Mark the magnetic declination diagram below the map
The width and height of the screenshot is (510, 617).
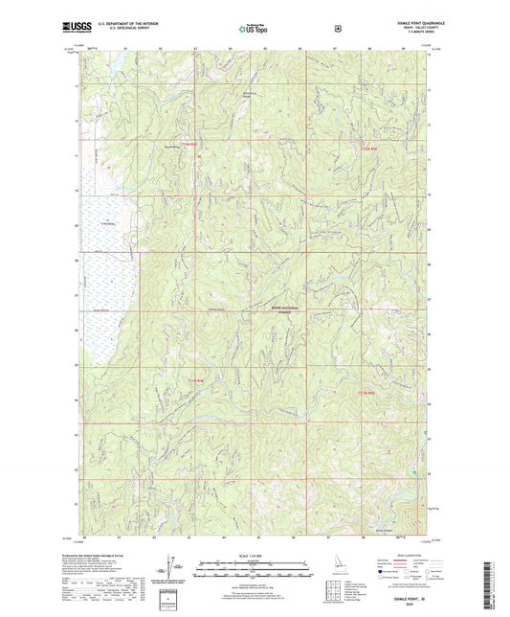click(x=173, y=568)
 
